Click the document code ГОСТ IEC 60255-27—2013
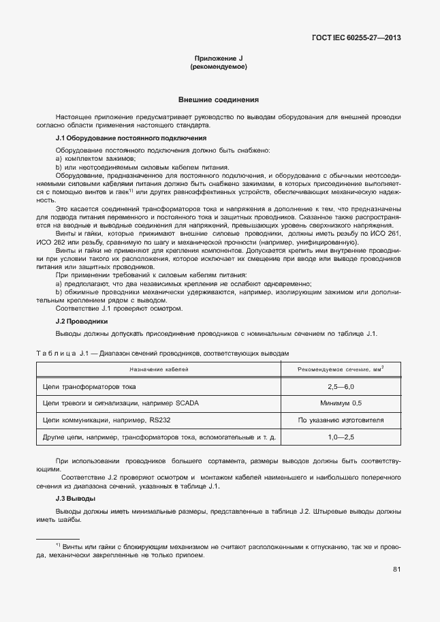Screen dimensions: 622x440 click(x=356, y=37)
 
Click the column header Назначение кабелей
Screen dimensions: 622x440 click(x=159, y=369)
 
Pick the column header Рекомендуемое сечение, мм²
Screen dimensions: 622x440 click(x=341, y=369)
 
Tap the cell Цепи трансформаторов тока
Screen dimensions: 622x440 click(x=89, y=387)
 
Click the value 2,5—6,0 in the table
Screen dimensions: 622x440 click(x=341, y=387)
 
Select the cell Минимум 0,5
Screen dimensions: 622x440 click(x=341, y=403)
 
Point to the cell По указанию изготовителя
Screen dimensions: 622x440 click(x=341, y=420)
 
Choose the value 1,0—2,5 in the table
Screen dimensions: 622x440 click(x=341, y=436)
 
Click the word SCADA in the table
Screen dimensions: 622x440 click(x=187, y=403)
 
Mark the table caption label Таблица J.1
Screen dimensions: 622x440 click(x=63, y=354)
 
